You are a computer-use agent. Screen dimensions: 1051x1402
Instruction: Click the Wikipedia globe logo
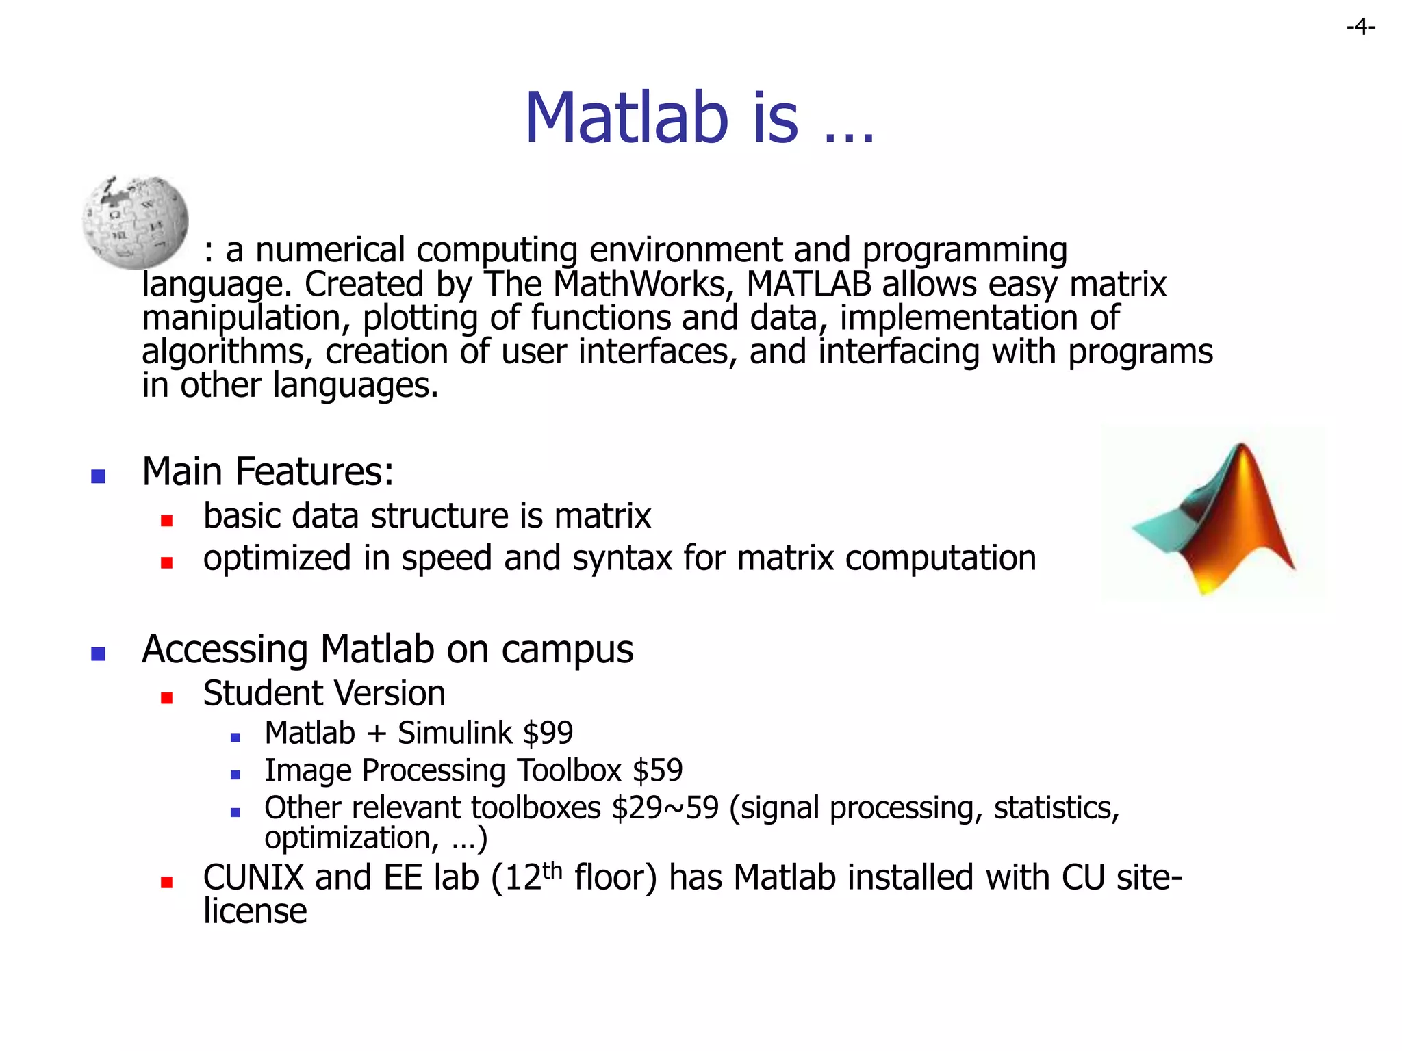click(x=135, y=222)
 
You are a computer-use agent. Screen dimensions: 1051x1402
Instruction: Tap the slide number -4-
click(x=1360, y=27)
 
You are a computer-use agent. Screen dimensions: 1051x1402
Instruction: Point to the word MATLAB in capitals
click(x=808, y=284)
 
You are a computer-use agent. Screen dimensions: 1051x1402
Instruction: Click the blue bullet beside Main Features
click(x=98, y=476)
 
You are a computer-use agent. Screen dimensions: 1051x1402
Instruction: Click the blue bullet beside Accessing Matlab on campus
click(x=98, y=653)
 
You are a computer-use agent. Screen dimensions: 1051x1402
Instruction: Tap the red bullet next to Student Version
click(x=166, y=698)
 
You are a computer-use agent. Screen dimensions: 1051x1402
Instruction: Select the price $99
click(x=547, y=734)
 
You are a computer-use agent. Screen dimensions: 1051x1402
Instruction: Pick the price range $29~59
click(x=665, y=808)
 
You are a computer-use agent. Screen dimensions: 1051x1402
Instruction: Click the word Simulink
click(x=455, y=734)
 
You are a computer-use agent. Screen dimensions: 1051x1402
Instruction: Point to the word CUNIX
click(x=253, y=878)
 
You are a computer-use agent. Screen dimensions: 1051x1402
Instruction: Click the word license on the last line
click(x=255, y=911)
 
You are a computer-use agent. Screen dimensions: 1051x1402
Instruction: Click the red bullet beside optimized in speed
click(x=166, y=562)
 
